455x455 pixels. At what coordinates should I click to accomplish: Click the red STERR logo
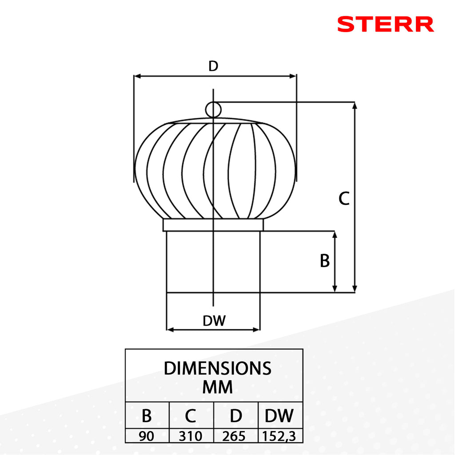point(386,24)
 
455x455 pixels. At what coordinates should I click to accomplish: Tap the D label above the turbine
point(213,66)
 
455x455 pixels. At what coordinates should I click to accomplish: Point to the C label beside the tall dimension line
point(344,199)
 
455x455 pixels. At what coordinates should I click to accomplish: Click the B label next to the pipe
point(325,260)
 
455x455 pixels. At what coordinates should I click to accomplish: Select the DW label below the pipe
point(214,321)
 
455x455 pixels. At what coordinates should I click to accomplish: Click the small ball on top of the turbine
point(213,110)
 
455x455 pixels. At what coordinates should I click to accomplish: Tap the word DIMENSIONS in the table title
point(217,368)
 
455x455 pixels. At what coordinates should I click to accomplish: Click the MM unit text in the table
point(217,387)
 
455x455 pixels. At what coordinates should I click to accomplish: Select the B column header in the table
point(147,415)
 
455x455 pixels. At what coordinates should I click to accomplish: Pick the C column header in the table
point(190,415)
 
